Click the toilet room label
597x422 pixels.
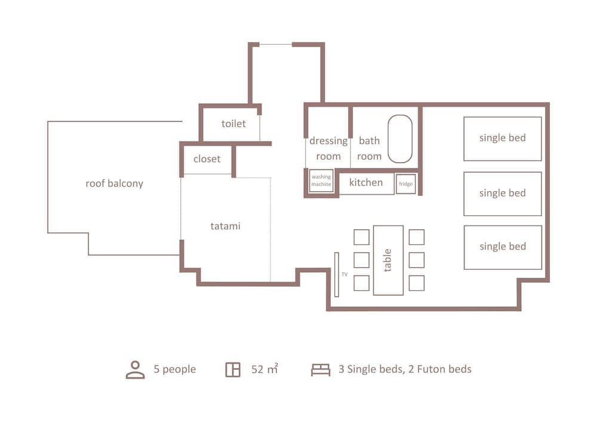point(233,124)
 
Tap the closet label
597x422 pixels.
point(207,159)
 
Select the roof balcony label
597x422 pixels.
point(114,183)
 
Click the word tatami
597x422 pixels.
point(225,226)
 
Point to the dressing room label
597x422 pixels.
point(328,149)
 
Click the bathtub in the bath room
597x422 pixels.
point(400,138)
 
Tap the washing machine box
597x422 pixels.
point(321,181)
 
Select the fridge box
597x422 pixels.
point(406,184)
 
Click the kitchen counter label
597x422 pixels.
point(366,183)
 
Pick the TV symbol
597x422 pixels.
point(337,275)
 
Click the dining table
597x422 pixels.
point(388,260)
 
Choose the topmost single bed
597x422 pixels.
point(503,138)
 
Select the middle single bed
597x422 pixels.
point(503,193)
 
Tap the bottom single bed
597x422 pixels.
point(503,247)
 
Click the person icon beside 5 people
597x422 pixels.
point(136,369)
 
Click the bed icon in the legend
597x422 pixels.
point(321,370)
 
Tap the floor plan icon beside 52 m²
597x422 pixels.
point(233,369)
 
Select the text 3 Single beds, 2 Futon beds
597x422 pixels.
point(405,369)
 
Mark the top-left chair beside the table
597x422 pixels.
point(361,237)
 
